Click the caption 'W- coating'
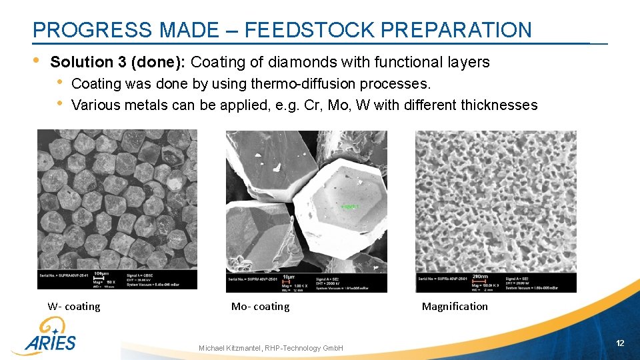tap(74, 307)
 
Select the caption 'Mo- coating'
tap(260, 307)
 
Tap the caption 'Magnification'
tap(455, 307)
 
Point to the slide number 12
tap(620, 343)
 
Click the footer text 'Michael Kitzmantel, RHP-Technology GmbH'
tap(271, 348)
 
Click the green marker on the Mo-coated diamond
tap(349, 207)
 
